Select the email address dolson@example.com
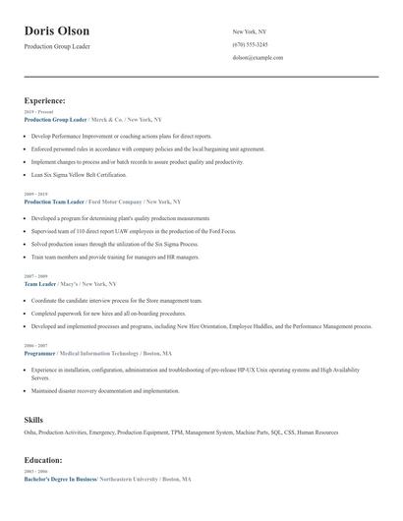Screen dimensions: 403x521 (x=258, y=58)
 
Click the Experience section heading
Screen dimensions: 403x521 (x=45, y=100)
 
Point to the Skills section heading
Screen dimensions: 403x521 (x=33, y=420)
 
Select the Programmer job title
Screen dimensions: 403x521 (x=40, y=352)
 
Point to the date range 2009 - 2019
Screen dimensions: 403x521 (x=34, y=194)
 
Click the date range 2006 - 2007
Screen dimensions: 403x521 (x=34, y=345)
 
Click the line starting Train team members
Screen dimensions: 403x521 (x=115, y=257)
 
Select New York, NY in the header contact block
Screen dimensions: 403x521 (x=251, y=32)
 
